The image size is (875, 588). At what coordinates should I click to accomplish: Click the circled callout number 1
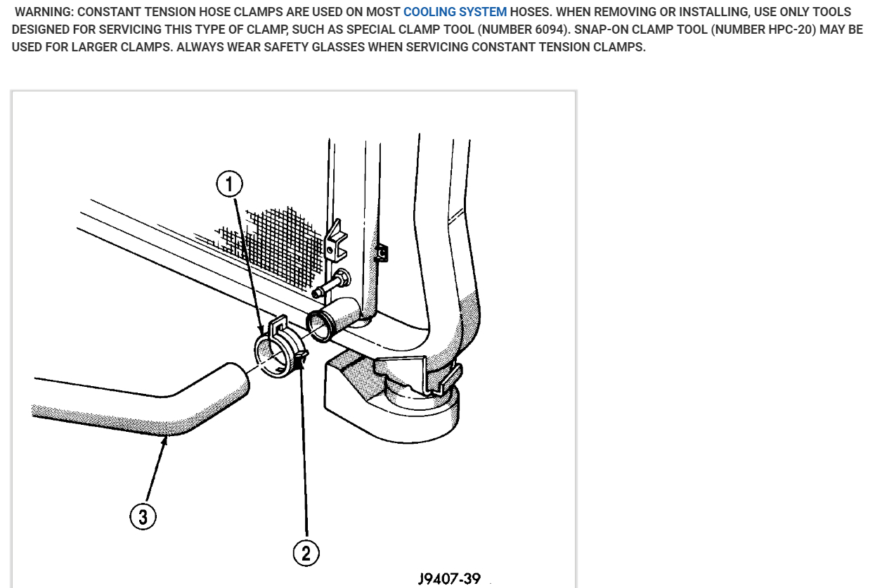click(x=229, y=184)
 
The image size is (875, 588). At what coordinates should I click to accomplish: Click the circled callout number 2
click(x=306, y=552)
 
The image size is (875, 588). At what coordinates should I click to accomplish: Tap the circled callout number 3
click(x=143, y=518)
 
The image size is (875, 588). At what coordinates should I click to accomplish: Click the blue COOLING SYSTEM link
click(x=455, y=12)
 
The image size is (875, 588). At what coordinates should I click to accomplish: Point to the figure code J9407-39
click(x=449, y=578)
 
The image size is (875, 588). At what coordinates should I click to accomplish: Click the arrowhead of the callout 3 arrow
click(x=166, y=440)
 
